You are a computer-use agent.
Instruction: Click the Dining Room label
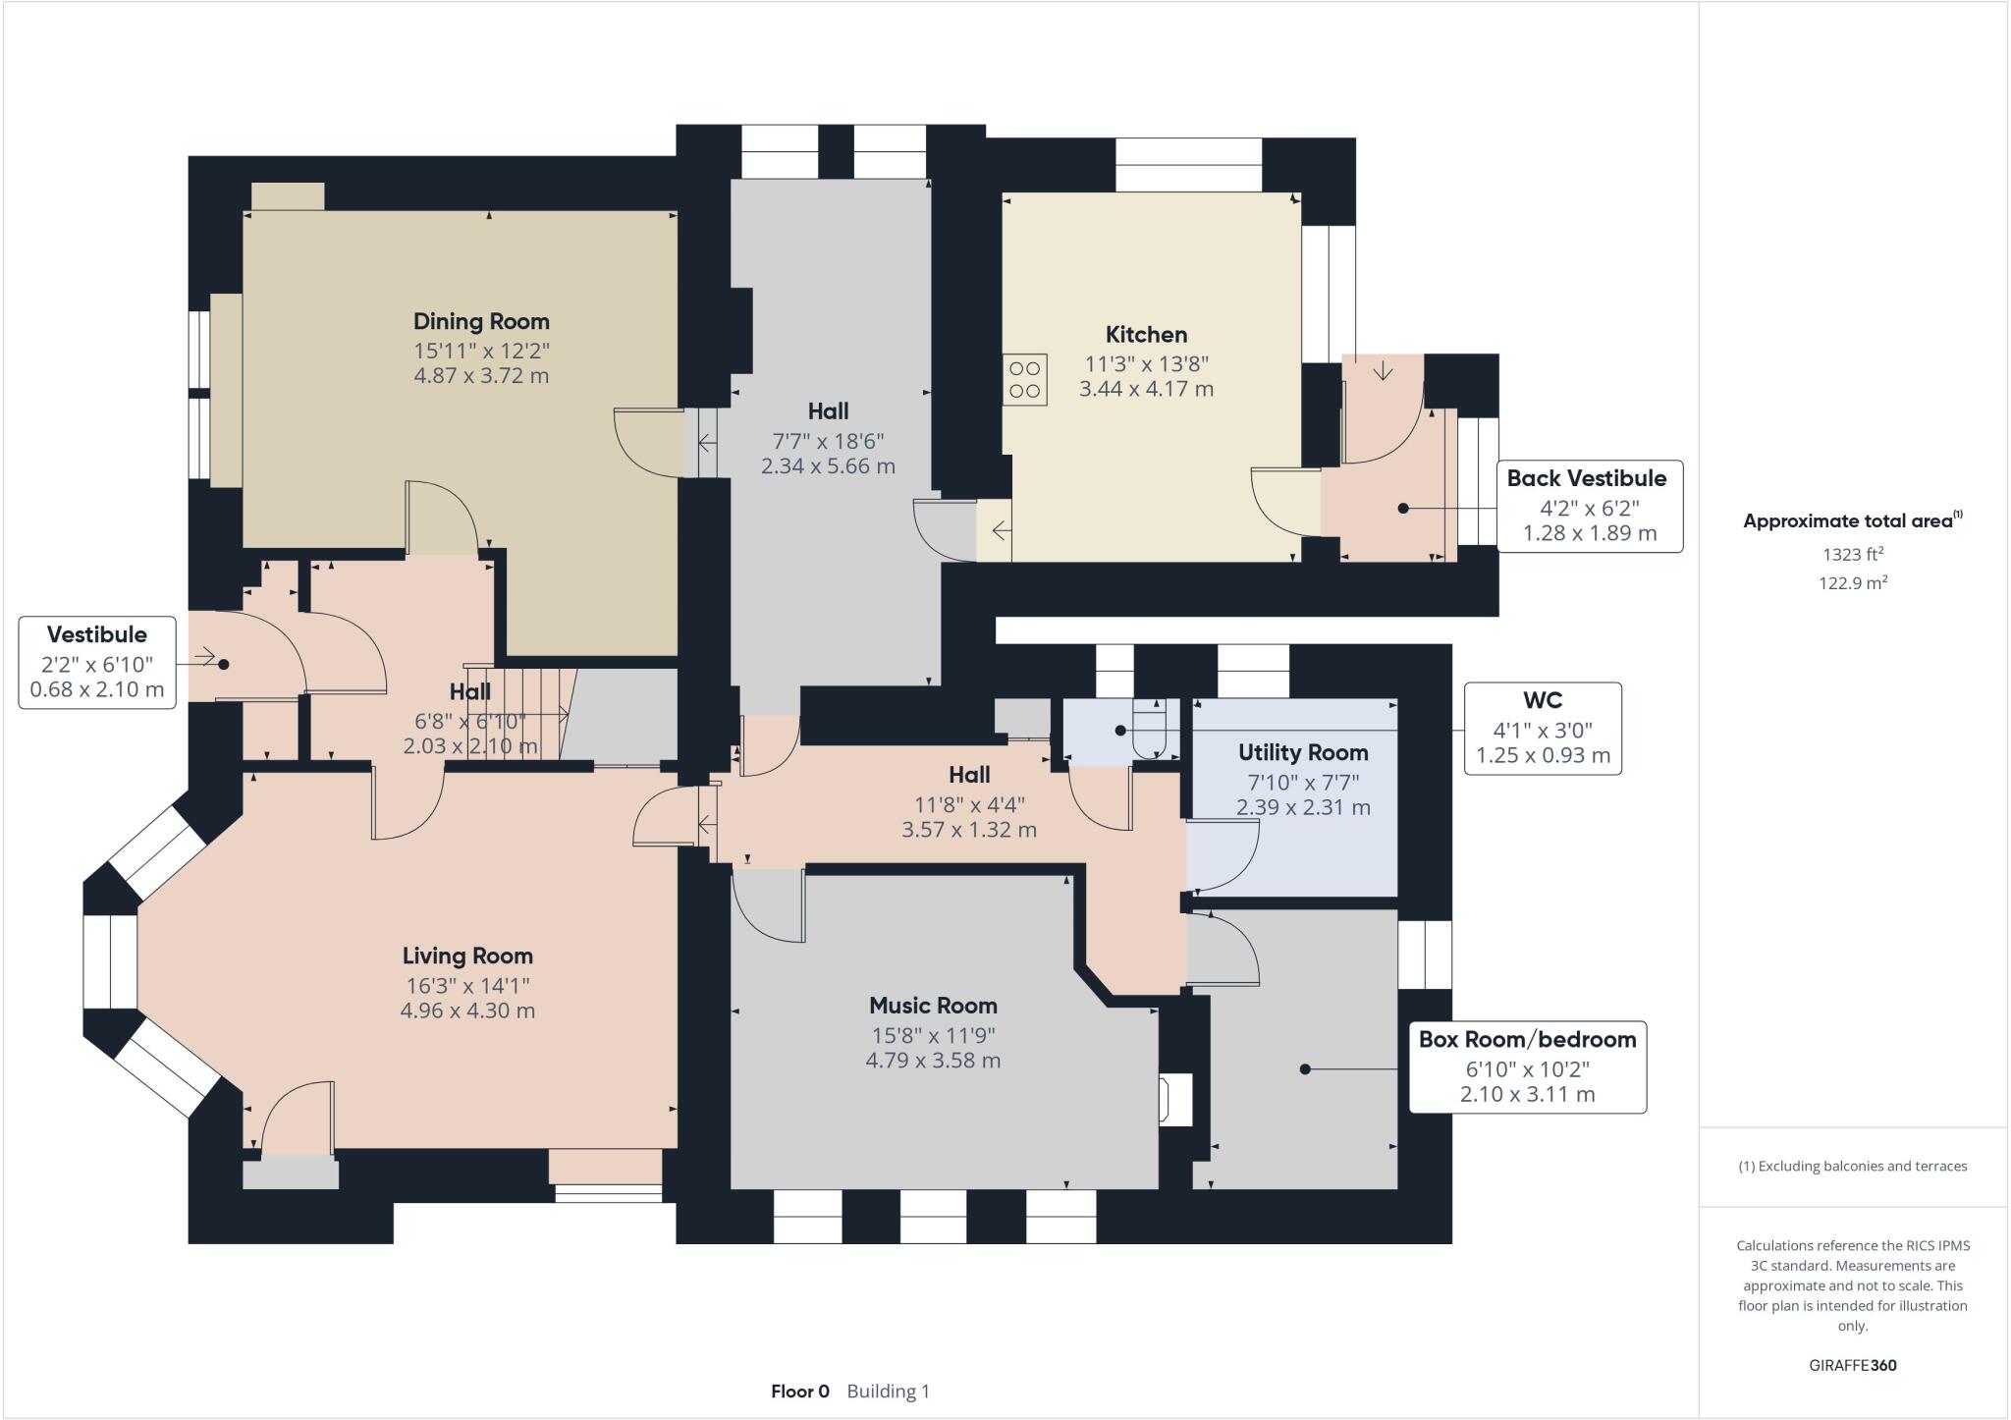point(481,321)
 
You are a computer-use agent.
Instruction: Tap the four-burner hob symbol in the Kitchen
point(1024,379)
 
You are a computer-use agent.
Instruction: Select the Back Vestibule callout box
point(1588,506)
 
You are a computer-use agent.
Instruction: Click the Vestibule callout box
point(97,662)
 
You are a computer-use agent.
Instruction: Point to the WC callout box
point(1542,728)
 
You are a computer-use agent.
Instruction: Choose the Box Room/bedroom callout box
point(1527,1065)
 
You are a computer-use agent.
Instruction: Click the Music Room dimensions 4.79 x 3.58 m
point(933,1061)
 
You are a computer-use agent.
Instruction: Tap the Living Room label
point(467,956)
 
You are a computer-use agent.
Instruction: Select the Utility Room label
point(1303,752)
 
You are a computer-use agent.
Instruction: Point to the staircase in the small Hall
point(535,712)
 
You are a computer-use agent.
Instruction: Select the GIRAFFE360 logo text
point(1852,1365)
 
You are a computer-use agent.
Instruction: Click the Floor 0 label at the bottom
point(799,1391)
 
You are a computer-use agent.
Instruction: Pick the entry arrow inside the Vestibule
point(204,657)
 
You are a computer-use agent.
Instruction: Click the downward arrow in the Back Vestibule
point(1383,371)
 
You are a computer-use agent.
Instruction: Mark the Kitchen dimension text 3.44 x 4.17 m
point(1146,389)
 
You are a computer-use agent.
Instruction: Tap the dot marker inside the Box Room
point(1305,1069)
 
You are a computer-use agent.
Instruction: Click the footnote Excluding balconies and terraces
point(1852,1167)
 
